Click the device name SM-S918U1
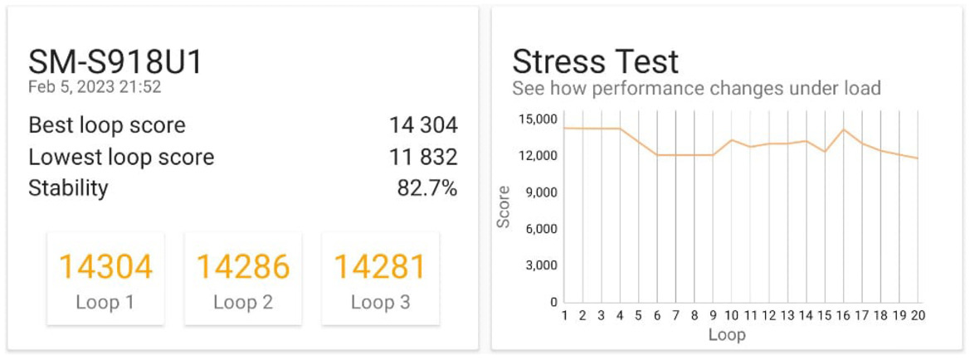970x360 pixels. [115, 62]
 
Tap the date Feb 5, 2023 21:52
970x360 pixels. [94, 86]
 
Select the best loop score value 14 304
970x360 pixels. [423, 125]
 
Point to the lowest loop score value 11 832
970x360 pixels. [423, 157]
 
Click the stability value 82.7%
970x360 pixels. [427, 188]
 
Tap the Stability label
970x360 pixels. [68, 188]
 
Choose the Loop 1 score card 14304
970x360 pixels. [105, 278]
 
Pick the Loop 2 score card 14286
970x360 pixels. [242, 278]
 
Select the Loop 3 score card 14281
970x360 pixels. [380, 278]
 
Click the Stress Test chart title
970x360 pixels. [595, 62]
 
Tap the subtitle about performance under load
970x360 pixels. [696, 88]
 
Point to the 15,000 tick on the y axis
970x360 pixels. [538, 119]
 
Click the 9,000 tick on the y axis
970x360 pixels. [541, 192]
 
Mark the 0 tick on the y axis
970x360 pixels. [553, 302]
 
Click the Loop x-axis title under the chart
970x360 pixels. [727, 335]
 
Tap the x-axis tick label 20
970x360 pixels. [918, 316]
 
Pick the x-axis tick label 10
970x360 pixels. [731, 316]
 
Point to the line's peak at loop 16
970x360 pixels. [844, 129]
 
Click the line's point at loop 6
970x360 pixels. [657, 155]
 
